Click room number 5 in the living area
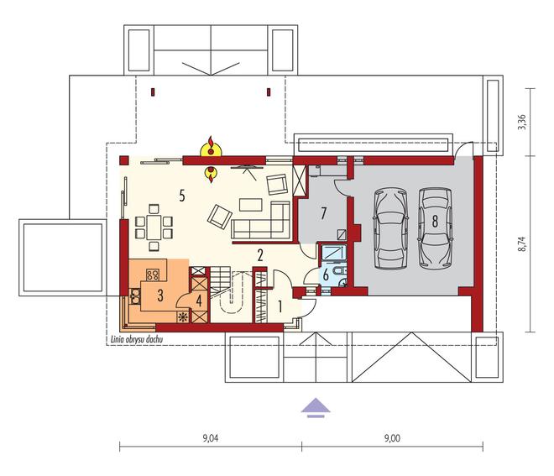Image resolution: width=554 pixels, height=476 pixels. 181,195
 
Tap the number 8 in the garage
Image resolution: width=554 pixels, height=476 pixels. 435,222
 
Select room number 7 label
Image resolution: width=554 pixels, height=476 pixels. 323,214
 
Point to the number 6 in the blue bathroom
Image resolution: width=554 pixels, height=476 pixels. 326,275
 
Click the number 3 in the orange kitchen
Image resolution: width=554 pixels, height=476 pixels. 160,296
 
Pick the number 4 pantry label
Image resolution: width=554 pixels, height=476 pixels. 199,301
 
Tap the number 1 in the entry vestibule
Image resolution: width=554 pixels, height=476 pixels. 280,306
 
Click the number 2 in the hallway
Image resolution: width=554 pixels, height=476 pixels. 260,255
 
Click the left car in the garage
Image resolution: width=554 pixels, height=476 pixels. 391,229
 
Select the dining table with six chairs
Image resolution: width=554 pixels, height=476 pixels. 154,228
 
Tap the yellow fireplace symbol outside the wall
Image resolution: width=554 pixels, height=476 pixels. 211,148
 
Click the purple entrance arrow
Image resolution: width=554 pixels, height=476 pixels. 316,408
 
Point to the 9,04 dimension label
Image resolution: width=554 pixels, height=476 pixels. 211,438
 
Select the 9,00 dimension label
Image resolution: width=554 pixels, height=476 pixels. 392,438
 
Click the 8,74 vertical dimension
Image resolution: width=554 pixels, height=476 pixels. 522,243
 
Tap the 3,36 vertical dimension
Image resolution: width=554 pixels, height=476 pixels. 522,123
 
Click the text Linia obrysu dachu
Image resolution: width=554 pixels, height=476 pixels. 136,340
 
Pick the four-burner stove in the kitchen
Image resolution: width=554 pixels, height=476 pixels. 153,275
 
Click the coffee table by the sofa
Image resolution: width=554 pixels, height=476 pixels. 251,205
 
